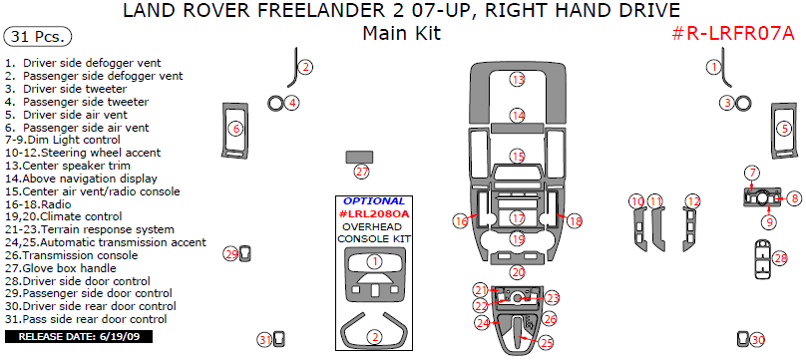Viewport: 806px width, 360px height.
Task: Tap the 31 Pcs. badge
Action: click(38, 38)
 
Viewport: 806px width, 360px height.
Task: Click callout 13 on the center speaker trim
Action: click(518, 78)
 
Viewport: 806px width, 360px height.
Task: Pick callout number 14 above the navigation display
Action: click(518, 116)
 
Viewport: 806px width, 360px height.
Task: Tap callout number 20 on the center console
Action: click(518, 272)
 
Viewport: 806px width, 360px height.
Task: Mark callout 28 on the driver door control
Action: click(781, 257)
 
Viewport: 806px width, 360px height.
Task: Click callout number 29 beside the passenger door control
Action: click(230, 254)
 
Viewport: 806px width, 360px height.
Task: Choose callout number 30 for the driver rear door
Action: click(758, 340)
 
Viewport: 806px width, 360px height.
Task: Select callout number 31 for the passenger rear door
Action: click(265, 340)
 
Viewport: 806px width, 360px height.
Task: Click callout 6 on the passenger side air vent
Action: click(235, 128)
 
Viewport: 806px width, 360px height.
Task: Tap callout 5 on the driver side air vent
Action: click(784, 128)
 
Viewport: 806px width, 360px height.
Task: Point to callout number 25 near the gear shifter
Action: click(546, 342)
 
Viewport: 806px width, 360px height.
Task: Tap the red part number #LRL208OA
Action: click(373, 213)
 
